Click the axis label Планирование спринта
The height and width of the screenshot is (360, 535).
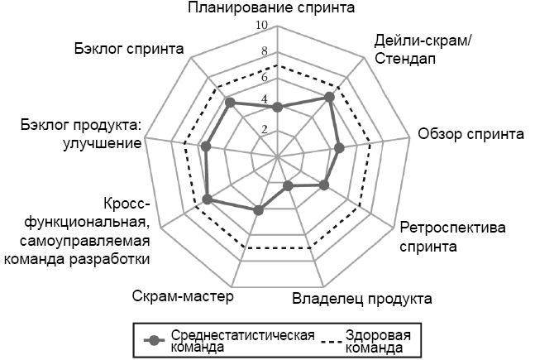[271, 9]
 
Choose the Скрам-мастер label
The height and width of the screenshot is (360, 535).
[183, 297]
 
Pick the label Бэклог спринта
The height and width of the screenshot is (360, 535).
[128, 48]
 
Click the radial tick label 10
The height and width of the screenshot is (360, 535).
[262, 26]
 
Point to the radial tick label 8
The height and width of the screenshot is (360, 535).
[265, 52]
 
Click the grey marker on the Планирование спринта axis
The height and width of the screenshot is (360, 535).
[278, 107]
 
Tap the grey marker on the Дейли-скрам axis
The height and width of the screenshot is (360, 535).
[330, 97]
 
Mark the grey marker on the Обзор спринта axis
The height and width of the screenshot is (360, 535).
[338, 148]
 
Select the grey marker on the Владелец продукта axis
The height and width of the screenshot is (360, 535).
[289, 186]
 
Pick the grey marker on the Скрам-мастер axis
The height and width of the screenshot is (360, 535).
[258, 210]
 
